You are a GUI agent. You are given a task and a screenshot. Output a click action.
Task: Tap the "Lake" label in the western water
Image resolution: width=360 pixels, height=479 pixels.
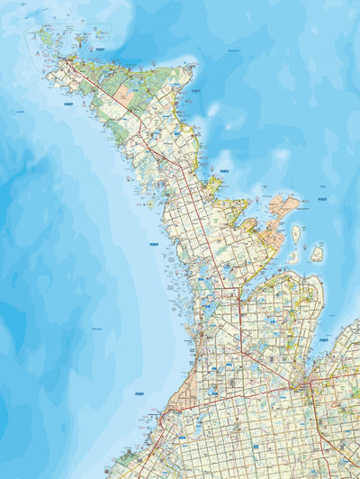[20, 112]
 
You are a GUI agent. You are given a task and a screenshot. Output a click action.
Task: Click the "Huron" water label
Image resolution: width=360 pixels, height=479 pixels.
[97, 330]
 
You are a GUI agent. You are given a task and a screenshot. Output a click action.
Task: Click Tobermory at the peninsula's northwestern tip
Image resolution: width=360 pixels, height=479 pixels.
[66, 61]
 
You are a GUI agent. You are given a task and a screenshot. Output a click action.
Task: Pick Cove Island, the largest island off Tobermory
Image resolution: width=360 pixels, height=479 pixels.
[47, 37]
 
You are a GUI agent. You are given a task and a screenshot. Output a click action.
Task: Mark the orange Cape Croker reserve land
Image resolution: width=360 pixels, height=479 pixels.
[280, 212]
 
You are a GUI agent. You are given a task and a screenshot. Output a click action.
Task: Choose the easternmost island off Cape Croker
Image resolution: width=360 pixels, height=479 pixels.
[317, 254]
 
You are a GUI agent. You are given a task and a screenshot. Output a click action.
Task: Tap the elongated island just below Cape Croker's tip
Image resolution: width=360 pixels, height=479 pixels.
[296, 234]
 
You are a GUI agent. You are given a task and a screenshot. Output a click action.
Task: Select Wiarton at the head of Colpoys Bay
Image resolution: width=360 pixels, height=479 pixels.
[241, 287]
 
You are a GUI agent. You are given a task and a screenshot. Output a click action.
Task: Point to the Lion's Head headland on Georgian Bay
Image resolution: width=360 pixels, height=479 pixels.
[213, 185]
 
